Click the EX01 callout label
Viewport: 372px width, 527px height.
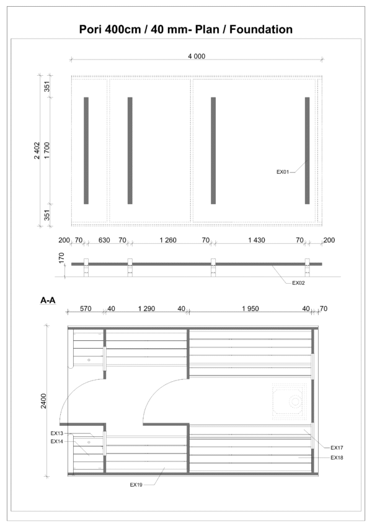click(283, 171)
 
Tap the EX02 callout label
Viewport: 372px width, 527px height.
click(299, 282)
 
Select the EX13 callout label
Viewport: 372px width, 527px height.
click(57, 433)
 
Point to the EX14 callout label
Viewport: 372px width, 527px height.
click(57, 441)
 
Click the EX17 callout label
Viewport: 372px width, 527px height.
click(337, 448)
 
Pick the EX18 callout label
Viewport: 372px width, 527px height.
click(337, 457)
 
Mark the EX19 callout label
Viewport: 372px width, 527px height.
click(136, 484)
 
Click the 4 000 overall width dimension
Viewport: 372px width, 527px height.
click(197, 56)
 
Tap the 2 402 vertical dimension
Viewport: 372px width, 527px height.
click(37, 150)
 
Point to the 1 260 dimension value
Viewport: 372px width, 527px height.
click(167, 240)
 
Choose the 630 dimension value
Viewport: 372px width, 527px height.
click(104, 240)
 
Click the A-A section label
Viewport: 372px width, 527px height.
click(48, 300)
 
